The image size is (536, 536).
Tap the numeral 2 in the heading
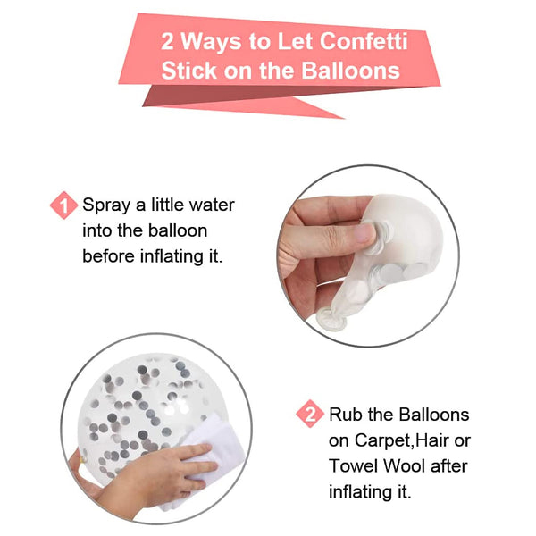pyautogui.click(x=169, y=41)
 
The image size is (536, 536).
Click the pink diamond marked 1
pyautogui.click(x=63, y=206)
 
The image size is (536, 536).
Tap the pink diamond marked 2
pyautogui.click(x=309, y=415)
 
